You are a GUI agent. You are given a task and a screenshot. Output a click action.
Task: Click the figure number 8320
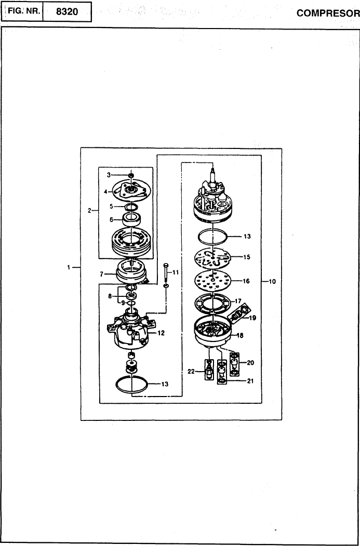tap(66, 12)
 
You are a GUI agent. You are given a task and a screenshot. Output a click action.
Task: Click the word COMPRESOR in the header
tap(328, 13)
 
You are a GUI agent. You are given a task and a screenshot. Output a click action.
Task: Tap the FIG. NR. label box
tap(23, 12)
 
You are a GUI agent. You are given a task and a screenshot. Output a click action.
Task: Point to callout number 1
tap(69, 267)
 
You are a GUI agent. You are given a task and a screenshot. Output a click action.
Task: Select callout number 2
tap(89, 210)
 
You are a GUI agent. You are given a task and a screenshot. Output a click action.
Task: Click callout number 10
tap(272, 281)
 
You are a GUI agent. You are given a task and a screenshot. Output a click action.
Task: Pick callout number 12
tap(161, 333)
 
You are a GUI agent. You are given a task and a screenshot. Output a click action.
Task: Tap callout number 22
tap(191, 372)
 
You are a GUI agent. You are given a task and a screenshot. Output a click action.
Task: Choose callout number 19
tap(252, 318)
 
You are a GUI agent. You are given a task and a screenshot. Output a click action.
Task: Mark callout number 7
tap(101, 275)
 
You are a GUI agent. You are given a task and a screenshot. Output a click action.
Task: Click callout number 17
tap(238, 301)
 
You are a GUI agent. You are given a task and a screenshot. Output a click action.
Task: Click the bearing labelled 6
tap(132, 220)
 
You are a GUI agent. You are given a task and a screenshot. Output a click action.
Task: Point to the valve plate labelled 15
tap(212, 257)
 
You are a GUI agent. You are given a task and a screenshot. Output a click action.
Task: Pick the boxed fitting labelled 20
tap(235, 364)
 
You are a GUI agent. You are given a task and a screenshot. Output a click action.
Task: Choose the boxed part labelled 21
tap(221, 373)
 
